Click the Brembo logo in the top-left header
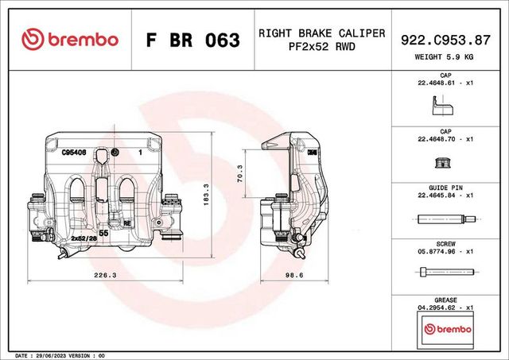click(71, 38)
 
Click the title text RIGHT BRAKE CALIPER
click(322, 33)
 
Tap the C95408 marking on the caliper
click(74, 151)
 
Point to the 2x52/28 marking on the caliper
click(84, 238)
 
